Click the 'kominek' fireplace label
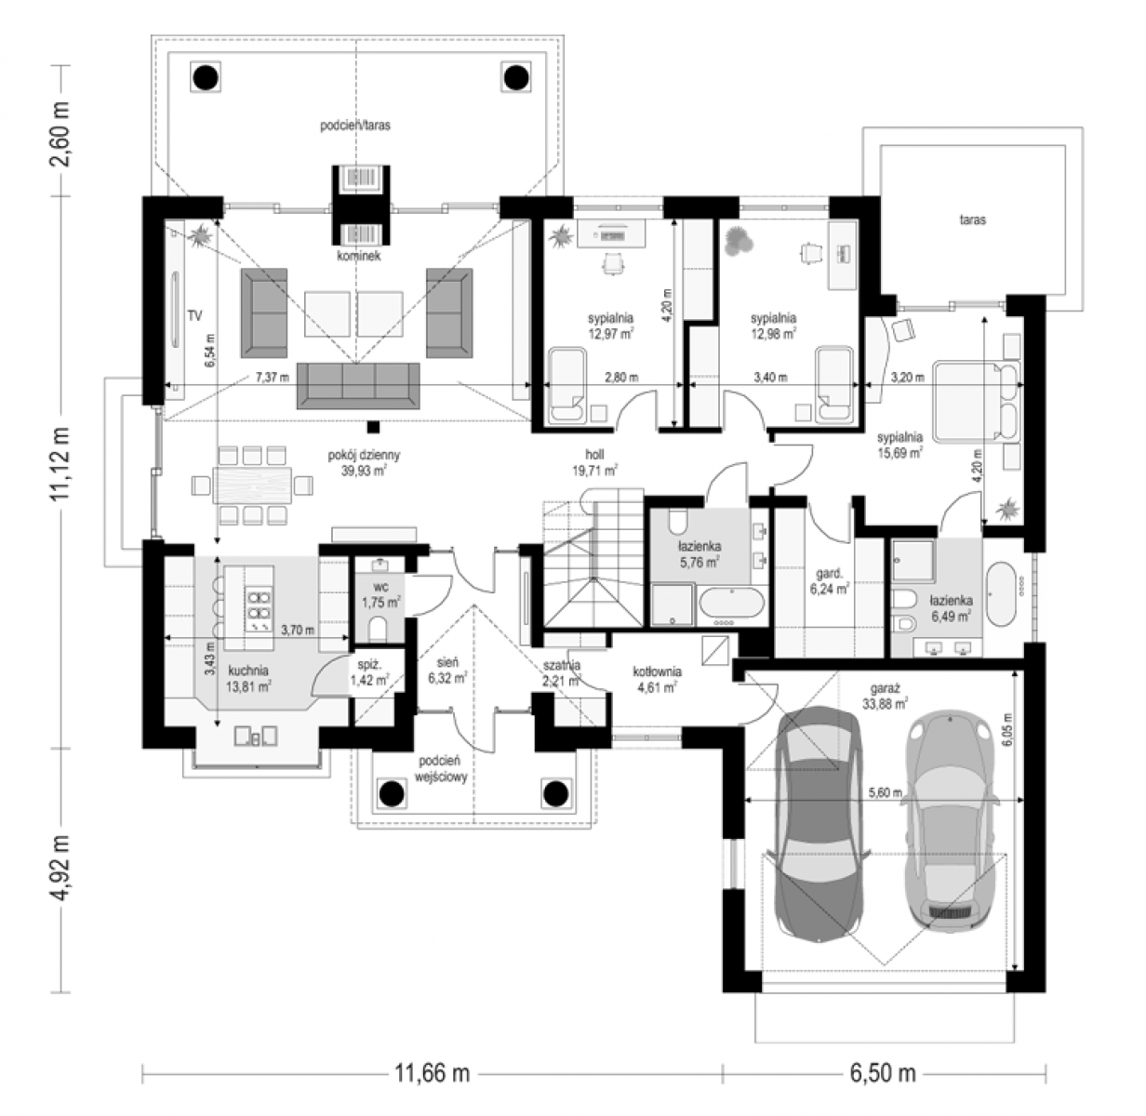(x=359, y=256)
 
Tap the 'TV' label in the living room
(x=194, y=316)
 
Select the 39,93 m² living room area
(x=364, y=471)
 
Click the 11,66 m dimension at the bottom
(x=432, y=1073)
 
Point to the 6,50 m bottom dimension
(x=883, y=1073)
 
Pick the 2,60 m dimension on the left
(x=61, y=134)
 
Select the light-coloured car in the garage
(x=950, y=823)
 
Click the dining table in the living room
(x=253, y=485)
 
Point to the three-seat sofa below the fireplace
(x=358, y=386)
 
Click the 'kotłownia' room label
(x=658, y=672)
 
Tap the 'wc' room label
(x=381, y=588)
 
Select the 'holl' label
(x=594, y=455)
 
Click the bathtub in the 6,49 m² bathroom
(x=1001, y=594)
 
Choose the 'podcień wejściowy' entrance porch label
(x=441, y=768)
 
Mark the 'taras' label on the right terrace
(x=972, y=219)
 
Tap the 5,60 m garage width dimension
(x=886, y=792)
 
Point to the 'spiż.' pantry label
(x=369, y=665)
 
